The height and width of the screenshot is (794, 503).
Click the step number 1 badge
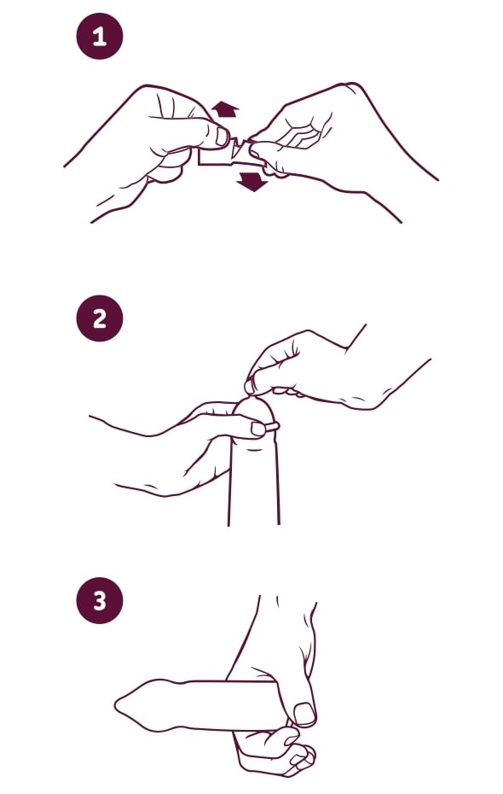(x=100, y=37)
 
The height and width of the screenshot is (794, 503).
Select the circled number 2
(x=100, y=318)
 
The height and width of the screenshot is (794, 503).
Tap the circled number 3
(x=100, y=600)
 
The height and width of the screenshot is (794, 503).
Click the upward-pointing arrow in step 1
(x=224, y=109)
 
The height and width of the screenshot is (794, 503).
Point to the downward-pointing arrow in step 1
(x=252, y=181)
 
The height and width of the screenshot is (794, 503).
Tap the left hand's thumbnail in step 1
(x=222, y=137)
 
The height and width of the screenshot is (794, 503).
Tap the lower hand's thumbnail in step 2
(x=257, y=429)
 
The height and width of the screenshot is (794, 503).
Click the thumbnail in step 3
(x=305, y=714)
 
